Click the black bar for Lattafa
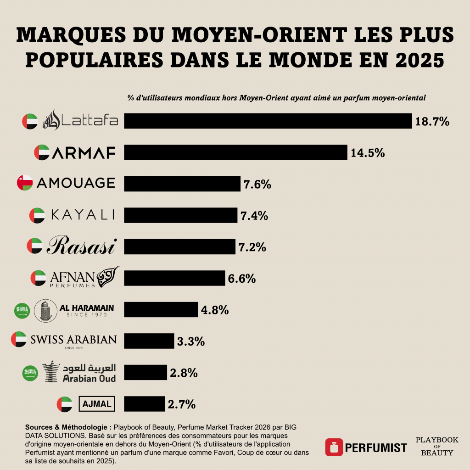(268, 121)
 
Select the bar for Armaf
(235, 152)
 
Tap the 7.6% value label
(257, 185)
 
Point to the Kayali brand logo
(83, 215)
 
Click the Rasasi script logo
(82, 246)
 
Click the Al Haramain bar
(161, 310)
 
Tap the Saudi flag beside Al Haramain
(22, 311)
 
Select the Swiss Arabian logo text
(73, 340)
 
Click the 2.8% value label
(184, 373)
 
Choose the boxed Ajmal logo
(97, 404)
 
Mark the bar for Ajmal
(144, 404)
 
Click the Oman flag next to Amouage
(24, 183)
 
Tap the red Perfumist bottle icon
(334, 447)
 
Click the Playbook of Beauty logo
(436, 446)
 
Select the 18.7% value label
(432, 122)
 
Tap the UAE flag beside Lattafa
(30, 121)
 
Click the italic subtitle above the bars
(276, 98)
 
